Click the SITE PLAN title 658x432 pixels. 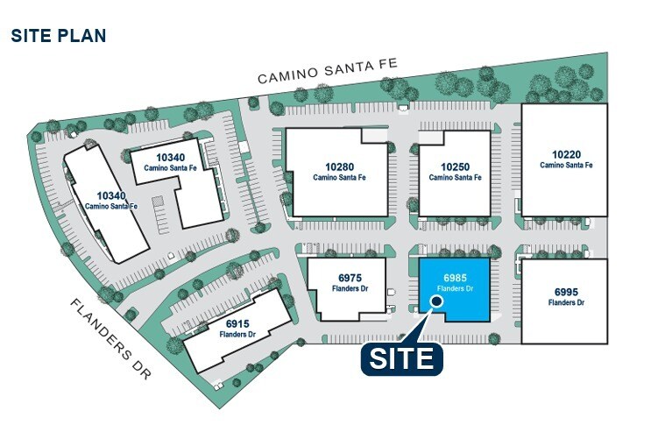[x=58, y=36]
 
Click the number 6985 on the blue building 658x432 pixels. [x=455, y=275]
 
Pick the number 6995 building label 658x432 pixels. [x=566, y=291]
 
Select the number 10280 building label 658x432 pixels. [x=339, y=166]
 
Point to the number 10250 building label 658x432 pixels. [x=455, y=166]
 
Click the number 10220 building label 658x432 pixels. [x=566, y=153]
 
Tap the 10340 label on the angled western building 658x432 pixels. [x=110, y=195]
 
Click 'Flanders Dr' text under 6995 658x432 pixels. [x=566, y=302]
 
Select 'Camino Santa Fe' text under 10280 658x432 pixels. [x=339, y=177]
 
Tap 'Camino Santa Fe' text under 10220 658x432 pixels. [x=566, y=165]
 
